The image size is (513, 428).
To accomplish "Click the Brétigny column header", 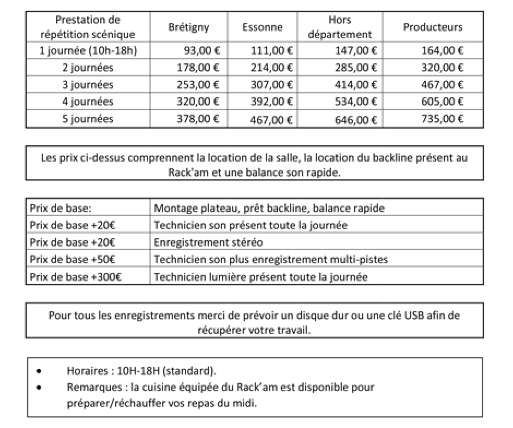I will pyautogui.click(x=188, y=27).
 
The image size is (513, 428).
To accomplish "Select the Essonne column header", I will pyautogui.click(x=263, y=27).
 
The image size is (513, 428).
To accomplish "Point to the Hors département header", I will pyautogui.click(x=339, y=27).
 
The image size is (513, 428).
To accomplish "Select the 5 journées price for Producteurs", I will pyautogui.click(x=442, y=119).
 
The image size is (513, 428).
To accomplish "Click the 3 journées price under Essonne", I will pyautogui.click(x=272, y=85).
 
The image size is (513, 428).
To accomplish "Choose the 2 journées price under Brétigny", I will pyautogui.click(x=198, y=68).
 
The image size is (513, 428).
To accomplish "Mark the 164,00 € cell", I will pyautogui.click(x=442, y=51).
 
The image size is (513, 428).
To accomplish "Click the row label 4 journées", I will pyautogui.click(x=87, y=102).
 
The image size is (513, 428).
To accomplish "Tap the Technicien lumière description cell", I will pyautogui.click(x=260, y=277).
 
